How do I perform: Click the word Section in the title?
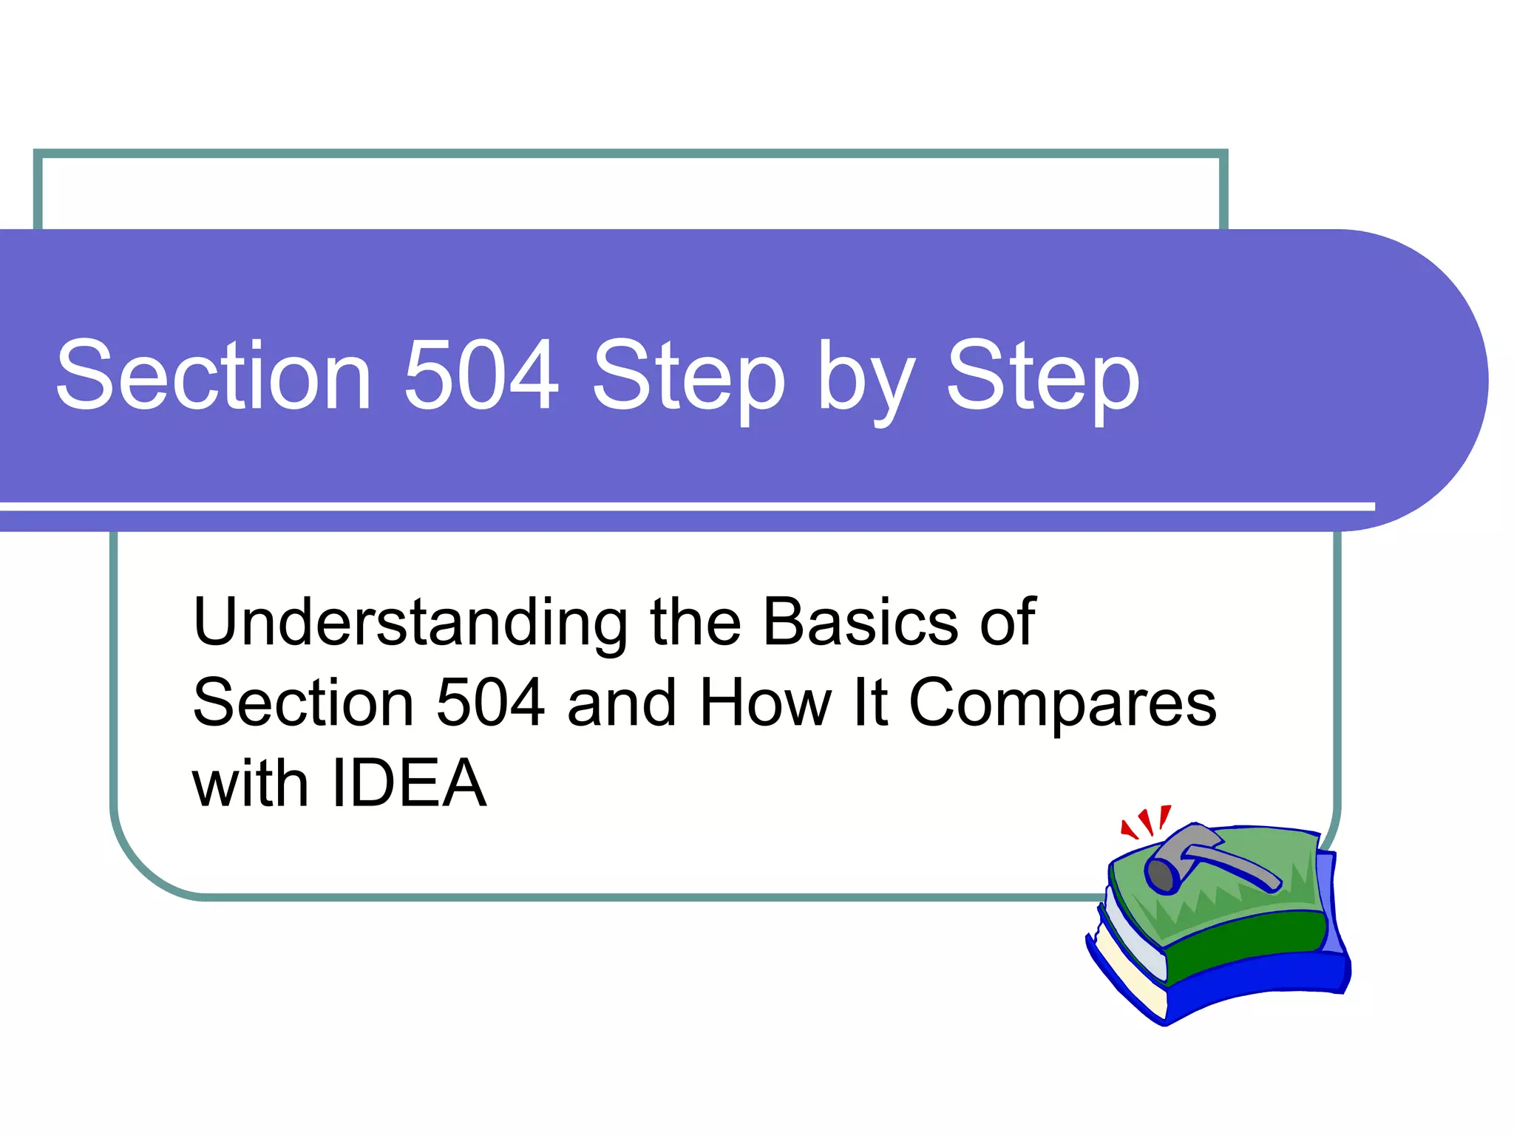click(213, 375)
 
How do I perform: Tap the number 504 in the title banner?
click(481, 375)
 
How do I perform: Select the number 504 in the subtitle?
click(490, 703)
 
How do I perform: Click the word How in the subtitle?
click(765, 703)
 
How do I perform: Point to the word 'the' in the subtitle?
click(695, 621)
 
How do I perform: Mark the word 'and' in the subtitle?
click(622, 703)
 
